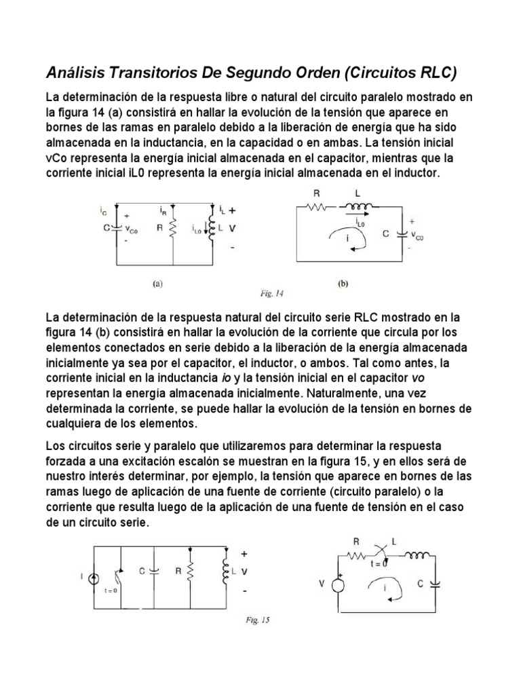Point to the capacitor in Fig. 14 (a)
(x=118, y=228)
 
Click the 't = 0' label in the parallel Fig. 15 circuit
(x=111, y=590)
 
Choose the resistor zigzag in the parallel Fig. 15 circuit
(x=189, y=571)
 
